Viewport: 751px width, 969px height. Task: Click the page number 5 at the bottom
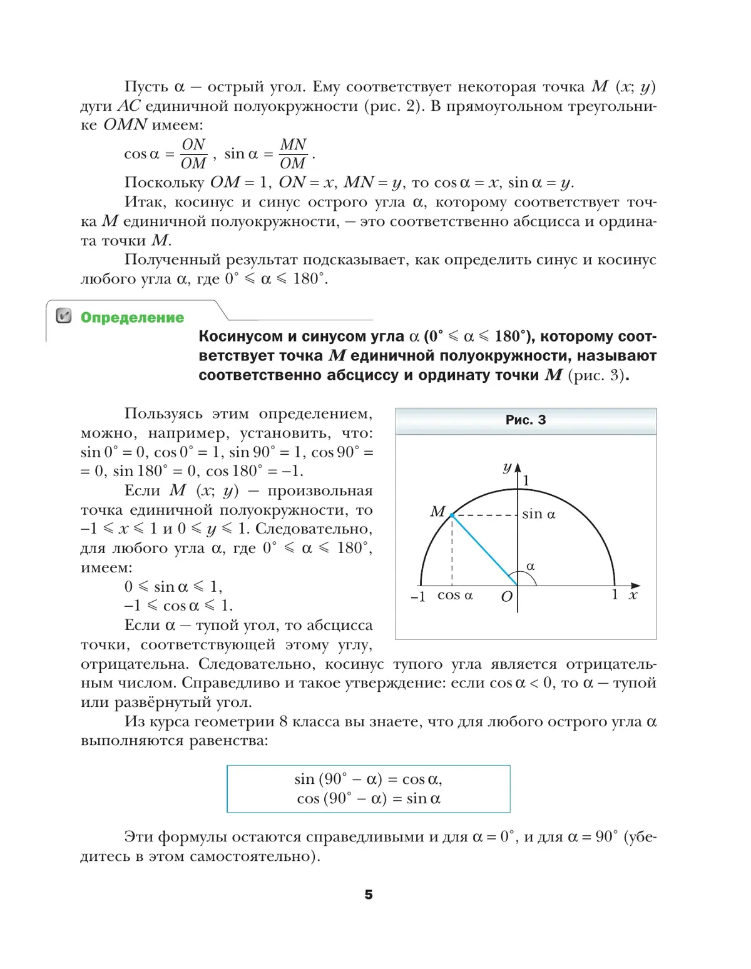[368, 895]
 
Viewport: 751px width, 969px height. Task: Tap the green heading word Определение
[132, 317]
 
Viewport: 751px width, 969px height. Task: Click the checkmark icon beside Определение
[64, 316]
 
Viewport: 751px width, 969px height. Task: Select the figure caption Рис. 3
[525, 420]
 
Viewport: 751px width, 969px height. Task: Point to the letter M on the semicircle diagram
[437, 512]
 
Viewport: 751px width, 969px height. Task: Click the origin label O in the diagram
[506, 597]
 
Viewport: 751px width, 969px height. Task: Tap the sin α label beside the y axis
[539, 514]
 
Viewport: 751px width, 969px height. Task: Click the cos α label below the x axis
[455, 596]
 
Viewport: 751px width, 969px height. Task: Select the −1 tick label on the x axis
[417, 597]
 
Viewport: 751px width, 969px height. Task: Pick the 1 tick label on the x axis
[615, 595]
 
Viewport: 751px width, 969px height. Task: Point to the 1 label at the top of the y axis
[526, 480]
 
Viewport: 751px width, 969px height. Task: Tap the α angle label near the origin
[531, 567]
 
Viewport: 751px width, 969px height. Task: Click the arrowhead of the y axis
[518, 468]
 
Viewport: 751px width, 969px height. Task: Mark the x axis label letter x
[633, 595]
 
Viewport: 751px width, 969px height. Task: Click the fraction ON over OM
[193, 154]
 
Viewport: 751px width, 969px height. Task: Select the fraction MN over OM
[293, 154]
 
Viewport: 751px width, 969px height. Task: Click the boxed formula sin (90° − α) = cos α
[368, 779]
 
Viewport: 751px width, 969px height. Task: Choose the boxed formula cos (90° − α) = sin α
[369, 799]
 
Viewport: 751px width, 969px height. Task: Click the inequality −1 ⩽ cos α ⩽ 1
[178, 606]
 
